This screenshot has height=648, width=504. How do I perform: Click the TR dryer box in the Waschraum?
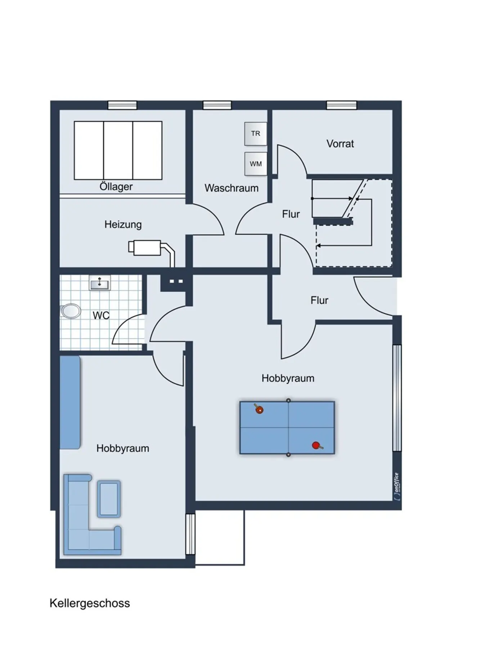click(x=256, y=134)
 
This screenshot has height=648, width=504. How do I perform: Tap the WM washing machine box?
click(x=256, y=164)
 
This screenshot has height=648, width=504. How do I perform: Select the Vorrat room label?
click(x=340, y=144)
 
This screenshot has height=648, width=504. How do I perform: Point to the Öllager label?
click(x=116, y=186)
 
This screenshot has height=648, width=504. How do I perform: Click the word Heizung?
click(x=123, y=225)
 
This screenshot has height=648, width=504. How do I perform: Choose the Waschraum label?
click(x=231, y=188)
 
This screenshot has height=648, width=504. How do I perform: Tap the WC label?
click(x=101, y=315)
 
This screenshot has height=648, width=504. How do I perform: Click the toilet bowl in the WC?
click(x=71, y=311)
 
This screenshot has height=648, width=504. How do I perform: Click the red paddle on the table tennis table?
click(x=317, y=446)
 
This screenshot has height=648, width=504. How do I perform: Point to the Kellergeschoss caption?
click(x=90, y=603)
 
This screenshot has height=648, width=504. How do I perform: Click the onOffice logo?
click(x=397, y=486)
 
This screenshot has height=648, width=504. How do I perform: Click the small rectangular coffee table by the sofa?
click(x=109, y=499)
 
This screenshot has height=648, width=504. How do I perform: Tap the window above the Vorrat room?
click(x=342, y=105)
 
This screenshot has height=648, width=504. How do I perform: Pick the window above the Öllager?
click(x=122, y=105)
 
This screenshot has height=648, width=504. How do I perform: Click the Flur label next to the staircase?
click(x=291, y=214)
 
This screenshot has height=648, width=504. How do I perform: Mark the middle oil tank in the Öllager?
click(x=118, y=150)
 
